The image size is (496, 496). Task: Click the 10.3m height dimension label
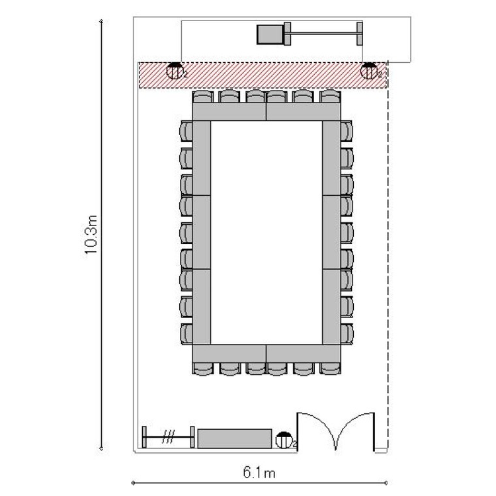click(91, 234)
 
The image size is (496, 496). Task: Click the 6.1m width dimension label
click(259, 473)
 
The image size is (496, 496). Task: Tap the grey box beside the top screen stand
click(270, 34)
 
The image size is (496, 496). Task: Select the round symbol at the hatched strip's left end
click(175, 71)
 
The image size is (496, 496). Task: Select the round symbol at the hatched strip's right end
click(369, 71)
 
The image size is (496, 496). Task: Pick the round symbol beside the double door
click(284, 440)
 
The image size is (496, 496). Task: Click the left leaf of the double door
click(315, 431)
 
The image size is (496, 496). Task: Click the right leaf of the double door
click(356, 431)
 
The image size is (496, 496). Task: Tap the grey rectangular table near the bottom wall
click(235, 438)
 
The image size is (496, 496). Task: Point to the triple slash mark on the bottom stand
click(168, 437)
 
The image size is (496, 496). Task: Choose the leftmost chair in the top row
click(203, 96)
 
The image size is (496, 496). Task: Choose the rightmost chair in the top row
click(330, 96)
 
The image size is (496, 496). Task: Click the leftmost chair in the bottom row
click(203, 369)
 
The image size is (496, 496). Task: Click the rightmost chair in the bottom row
click(330, 369)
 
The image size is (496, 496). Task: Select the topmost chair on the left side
click(186, 131)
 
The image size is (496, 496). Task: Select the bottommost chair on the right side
click(347, 334)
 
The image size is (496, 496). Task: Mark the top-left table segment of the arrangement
click(229, 112)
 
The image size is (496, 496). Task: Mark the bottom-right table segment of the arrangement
click(304, 353)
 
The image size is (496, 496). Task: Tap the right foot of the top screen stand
click(360, 33)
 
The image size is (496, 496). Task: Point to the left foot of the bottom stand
click(144, 437)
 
